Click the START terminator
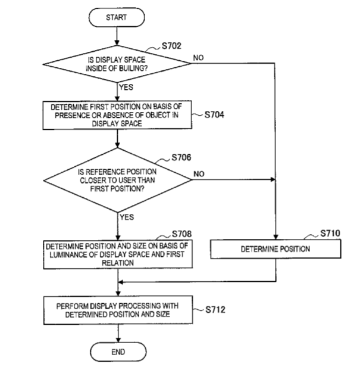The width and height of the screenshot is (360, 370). (x=116, y=18)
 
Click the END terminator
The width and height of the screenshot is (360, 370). (x=118, y=352)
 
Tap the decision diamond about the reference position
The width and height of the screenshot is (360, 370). (x=117, y=177)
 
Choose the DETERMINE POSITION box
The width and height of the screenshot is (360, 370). (x=275, y=249)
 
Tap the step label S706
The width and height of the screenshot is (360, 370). (x=183, y=158)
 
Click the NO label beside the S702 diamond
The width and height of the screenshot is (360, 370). (x=199, y=58)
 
